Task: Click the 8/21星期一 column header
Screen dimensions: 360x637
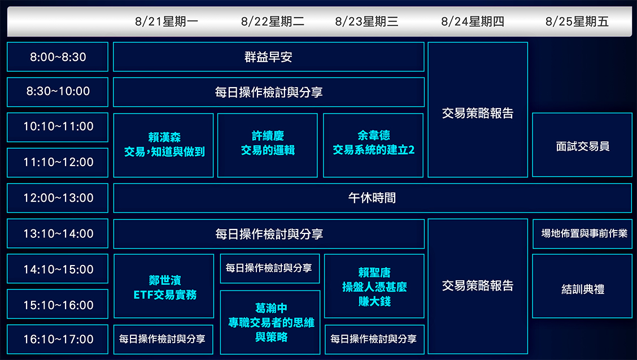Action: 167,22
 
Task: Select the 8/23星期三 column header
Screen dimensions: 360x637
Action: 367,22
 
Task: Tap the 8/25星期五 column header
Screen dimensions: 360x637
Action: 577,22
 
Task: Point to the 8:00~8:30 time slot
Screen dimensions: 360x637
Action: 58,57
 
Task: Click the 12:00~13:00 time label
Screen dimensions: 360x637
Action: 58,198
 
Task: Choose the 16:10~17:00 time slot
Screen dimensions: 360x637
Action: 58,340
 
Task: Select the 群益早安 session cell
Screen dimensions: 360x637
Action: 269,57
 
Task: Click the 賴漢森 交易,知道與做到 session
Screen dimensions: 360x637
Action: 164,145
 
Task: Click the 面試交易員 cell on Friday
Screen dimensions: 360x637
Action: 582,146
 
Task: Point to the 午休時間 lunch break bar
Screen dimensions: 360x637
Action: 372,198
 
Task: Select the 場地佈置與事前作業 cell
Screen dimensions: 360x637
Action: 582,233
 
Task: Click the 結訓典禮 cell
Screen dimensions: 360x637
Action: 582,289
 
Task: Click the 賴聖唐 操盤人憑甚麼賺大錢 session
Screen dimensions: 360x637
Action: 374,287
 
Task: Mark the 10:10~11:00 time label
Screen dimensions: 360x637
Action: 58,127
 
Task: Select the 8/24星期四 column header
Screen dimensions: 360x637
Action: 472,22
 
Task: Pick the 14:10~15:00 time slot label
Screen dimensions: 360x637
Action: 58,270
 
